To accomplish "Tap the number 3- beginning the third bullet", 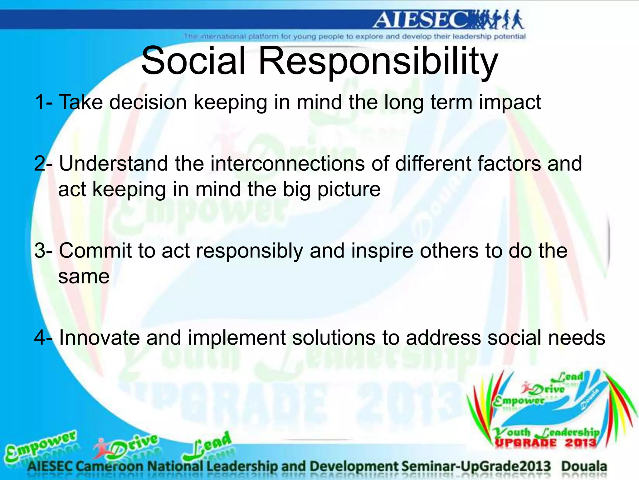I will tap(44, 251).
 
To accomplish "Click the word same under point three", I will tap(84, 277).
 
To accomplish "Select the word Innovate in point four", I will tap(99, 338).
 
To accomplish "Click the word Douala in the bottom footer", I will tap(584, 466).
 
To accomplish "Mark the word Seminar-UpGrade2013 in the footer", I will tap(476, 466).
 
